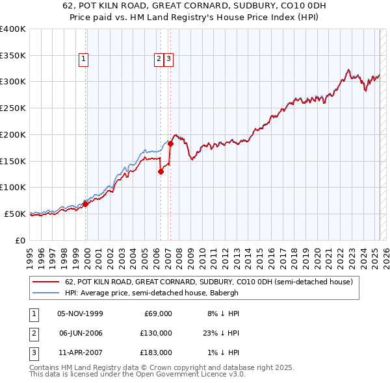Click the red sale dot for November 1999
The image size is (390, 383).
85,204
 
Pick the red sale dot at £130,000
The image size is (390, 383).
161,171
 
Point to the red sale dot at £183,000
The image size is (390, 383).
170,143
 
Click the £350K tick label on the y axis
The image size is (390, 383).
13,55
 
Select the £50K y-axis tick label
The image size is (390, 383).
16,214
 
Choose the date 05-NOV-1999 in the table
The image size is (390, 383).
81,314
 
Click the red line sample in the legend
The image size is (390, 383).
45,282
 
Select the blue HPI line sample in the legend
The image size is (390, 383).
45,293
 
